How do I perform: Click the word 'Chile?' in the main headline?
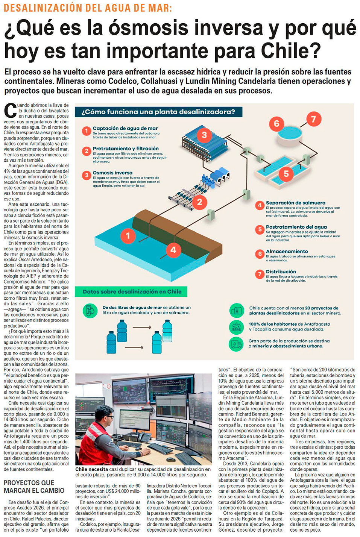(x=291, y=51)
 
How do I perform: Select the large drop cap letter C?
(x=10, y=111)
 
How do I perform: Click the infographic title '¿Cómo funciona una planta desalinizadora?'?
(x=158, y=112)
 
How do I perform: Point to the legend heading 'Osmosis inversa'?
(x=112, y=173)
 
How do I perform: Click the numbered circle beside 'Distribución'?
(x=260, y=274)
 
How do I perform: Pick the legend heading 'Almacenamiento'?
(x=287, y=251)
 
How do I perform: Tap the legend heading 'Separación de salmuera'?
(x=295, y=203)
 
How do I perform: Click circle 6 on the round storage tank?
(x=276, y=123)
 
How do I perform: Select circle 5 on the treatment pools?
(x=286, y=173)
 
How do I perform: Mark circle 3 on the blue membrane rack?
(x=204, y=135)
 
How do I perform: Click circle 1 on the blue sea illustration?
(x=128, y=235)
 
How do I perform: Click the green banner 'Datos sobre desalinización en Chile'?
(x=132, y=291)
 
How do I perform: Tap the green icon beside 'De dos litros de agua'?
(x=90, y=311)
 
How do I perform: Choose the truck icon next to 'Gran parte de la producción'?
(x=236, y=344)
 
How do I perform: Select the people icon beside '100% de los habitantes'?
(x=236, y=327)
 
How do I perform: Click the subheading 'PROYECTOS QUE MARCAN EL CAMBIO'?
(x=34, y=487)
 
